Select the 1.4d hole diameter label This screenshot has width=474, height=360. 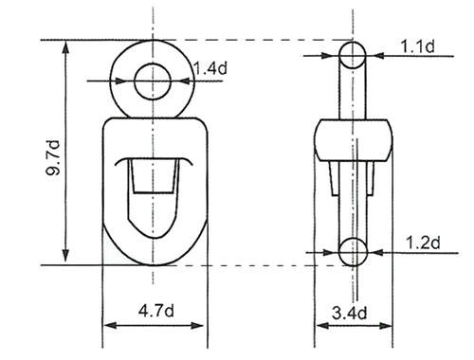click(208, 67)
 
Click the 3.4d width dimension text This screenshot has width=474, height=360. click(353, 310)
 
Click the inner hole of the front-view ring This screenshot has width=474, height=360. click(151, 81)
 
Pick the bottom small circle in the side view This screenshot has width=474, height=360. click(353, 251)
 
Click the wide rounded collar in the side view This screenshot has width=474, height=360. click(353, 139)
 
